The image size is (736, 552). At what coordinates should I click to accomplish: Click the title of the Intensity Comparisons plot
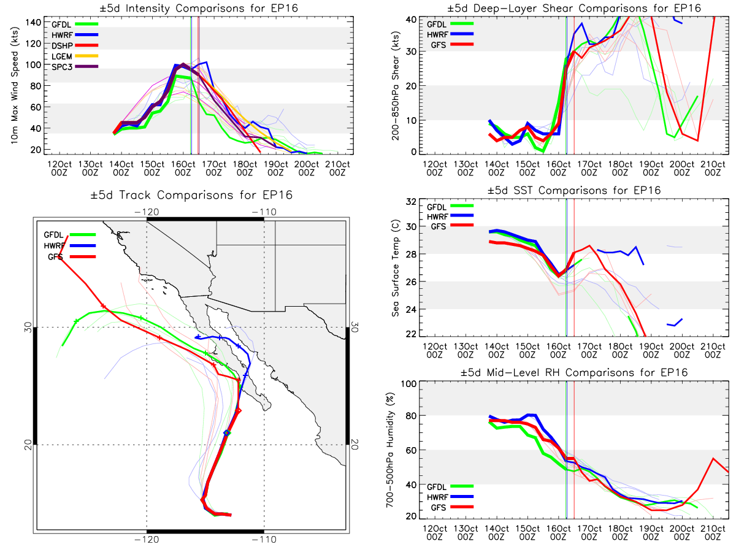pyautogui.click(x=199, y=8)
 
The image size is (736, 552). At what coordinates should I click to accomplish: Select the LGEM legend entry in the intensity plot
pyautogui.click(x=75, y=56)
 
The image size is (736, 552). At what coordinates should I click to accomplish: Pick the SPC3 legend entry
pyautogui.click(x=75, y=67)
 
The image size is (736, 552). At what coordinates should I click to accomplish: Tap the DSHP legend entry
pyautogui.click(x=75, y=45)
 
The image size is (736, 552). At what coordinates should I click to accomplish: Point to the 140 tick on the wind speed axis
pyautogui.click(x=33, y=23)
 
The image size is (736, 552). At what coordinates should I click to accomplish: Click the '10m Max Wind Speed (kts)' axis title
pyautogui.click(x=15, y=85)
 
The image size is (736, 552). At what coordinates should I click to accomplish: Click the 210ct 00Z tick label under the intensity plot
pyautogui.click(x=337, y=168)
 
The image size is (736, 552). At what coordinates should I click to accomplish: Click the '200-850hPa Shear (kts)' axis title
pyautogui.click(x=396, y=86)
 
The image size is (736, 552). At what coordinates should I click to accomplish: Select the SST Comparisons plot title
pyautogui.click(x=574, y=190)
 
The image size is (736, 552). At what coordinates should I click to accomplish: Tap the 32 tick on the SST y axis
pyautogui.click(x=411, y=202)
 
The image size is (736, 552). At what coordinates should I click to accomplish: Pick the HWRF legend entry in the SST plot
pyautogui.click(x=450, y=217)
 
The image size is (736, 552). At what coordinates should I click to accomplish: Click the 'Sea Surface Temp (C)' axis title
pyautogui.click(x=396, y=268)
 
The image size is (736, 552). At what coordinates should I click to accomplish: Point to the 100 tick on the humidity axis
pyautogui.click(x=408, y=383)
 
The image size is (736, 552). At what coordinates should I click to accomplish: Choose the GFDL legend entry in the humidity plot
pyautogui.click(x=450, y=486)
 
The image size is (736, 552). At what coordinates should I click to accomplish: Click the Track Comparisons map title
pyautogui.click(x=191, y=194)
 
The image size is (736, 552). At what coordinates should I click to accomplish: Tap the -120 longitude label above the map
pyautogui.click(x=147, y=212)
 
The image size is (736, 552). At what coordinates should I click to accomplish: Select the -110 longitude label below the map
pyautogui.click(x=264, y=540)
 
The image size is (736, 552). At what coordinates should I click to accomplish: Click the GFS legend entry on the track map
pyautogui.click(x=72, y=257)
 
